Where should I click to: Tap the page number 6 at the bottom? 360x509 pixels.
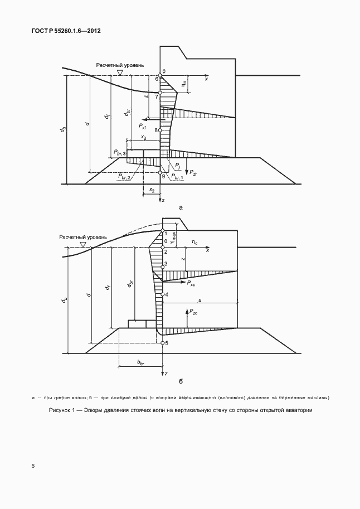pyautogui.click(x=33, y=466)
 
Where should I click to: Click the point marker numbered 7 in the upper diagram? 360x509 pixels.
pyautogui.click(x=160, y=93)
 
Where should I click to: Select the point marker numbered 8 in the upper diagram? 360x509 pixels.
pyautogui.click(x=160, y=130)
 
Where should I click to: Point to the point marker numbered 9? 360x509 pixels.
pyautogui.click(x=160, y=174)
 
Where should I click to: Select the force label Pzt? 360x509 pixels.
pyautogui.click(x=193, y=173)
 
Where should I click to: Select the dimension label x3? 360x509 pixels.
pyautogui.click(x=143, y=137)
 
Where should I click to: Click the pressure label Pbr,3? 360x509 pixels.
pyautogui.click(x=119, y=152)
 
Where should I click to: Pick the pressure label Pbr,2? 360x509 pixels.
pyautogui.click(x=125, y=177)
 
